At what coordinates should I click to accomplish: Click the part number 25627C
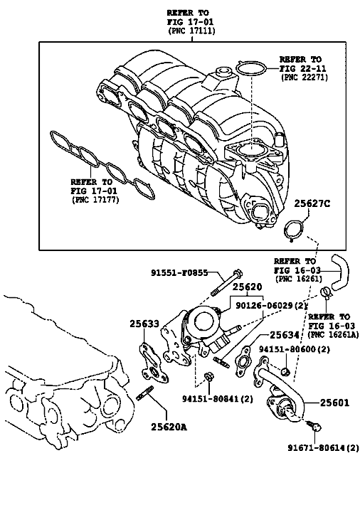click(x=312, y=203)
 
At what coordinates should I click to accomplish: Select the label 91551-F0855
click(x=179, y=273)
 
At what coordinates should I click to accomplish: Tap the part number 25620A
click(x=169, y=427)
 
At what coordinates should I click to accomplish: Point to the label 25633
click(x=144, y=324)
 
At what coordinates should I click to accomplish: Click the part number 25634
click(x=285, y=335)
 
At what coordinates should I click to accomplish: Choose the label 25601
click(x=334, y=403)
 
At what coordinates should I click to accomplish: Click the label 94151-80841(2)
click(x=218, y=399)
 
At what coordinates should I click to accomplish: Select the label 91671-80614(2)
click(x=323, y=447)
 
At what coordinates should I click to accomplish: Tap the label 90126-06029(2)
click(x=272, y=306)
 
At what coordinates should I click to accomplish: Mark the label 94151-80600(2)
click(x=295, y=349)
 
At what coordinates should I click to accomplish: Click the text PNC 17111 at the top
click(x=191, y=31)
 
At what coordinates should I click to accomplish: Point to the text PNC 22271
click(x=305, y=77)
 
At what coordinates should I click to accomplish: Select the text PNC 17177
click(x=95, y=200)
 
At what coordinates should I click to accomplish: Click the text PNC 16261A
click(x=333, y=335)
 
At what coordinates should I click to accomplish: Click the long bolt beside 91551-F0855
click(x=226, y=282)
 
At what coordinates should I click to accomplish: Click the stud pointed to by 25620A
click(x=145, y=393)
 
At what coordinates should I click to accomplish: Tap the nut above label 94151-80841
click(x=208, y=376)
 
